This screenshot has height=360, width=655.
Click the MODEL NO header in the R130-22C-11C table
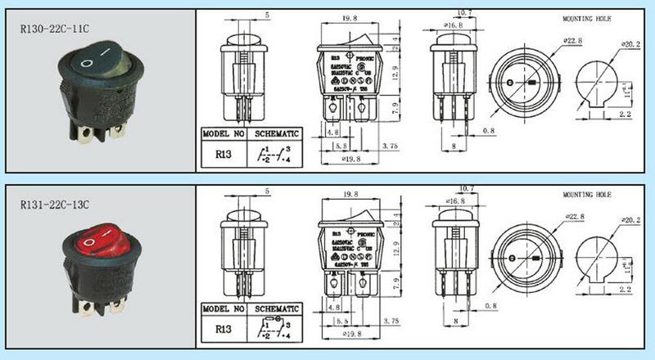point(223,133)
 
